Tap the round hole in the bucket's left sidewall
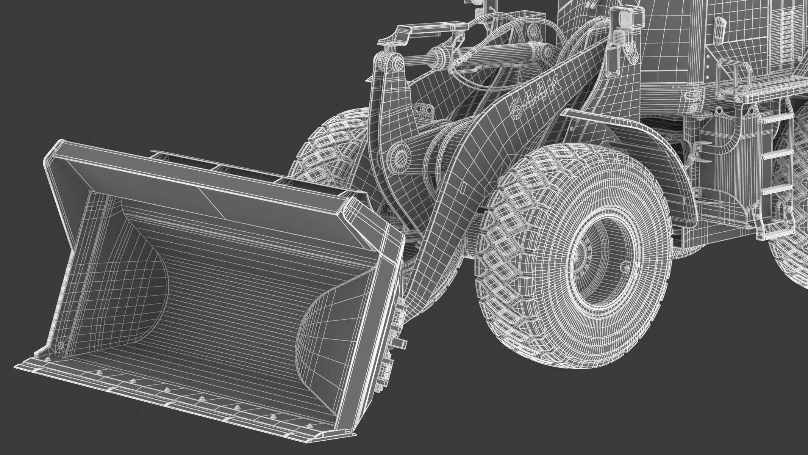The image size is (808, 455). [x=61, y=345]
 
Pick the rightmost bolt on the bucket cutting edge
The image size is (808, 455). [x=311, y=425]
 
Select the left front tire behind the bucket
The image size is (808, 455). [x=326, y=148]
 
